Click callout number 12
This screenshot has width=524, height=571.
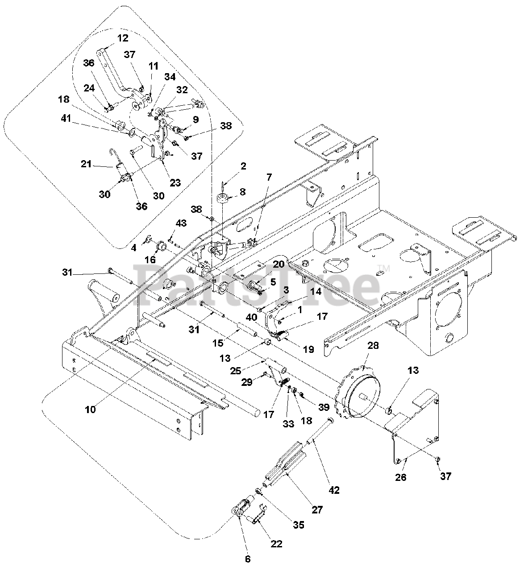123,38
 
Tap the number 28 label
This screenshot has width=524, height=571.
373,346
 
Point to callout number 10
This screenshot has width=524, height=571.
91,410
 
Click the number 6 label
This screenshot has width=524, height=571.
248,559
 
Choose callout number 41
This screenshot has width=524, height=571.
66,118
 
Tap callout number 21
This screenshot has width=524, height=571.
86,164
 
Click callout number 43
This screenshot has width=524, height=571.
181,223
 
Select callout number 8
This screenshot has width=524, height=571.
242,191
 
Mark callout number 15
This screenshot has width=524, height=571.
218,343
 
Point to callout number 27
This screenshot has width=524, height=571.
317,509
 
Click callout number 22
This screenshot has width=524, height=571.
276,544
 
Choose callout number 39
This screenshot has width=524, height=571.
324,407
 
